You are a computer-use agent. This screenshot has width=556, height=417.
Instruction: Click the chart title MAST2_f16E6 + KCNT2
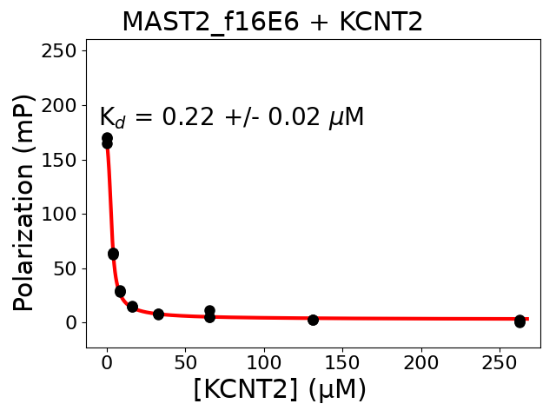coord(272,21)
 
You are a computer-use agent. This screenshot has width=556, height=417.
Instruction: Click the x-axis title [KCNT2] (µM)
coord(280,390)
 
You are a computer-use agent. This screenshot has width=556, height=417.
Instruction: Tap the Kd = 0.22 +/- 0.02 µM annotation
coord(231,117)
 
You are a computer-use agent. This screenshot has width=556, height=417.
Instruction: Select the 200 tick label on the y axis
coord(62,105)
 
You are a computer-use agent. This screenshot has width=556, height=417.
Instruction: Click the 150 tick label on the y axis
coord(62,160)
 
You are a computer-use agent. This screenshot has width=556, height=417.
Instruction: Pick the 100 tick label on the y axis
coord(62,214)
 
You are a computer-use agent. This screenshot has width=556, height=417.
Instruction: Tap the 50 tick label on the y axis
coord(67,268)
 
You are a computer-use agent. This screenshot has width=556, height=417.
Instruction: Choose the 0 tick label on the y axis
coord(72,323)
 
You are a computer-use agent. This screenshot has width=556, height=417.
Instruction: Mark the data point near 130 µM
coord(313,320)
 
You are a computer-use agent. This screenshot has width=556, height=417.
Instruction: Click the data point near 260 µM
coord(520,321)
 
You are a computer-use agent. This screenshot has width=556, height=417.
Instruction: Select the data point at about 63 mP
coord(113,254)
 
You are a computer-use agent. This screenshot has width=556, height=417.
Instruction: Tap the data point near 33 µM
coord(158,314)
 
